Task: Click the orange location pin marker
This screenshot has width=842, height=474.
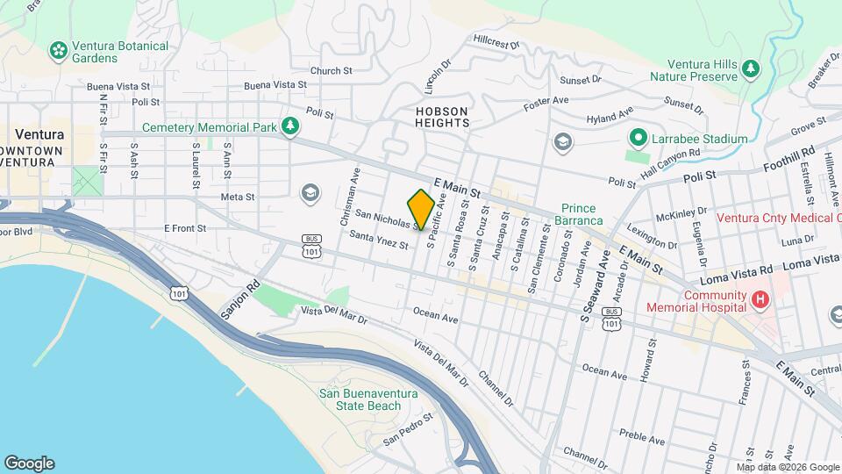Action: click(421, 208)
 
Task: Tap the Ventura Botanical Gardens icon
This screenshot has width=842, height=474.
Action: click(59, 51)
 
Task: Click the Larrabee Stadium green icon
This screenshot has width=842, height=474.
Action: click(639, 139)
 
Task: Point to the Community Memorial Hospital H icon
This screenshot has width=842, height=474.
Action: click(760, 301)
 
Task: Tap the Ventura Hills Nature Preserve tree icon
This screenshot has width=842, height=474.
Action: click(751, 68)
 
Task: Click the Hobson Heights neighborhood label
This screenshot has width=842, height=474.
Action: click(442, 117)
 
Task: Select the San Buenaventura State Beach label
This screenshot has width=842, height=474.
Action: click(360, 399)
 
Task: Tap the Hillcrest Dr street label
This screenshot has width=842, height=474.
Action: click(496, 40)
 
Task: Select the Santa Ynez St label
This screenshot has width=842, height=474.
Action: click(379, 240)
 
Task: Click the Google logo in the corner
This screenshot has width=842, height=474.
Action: click(29, 463)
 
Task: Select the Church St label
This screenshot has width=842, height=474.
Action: click(331, 70)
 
